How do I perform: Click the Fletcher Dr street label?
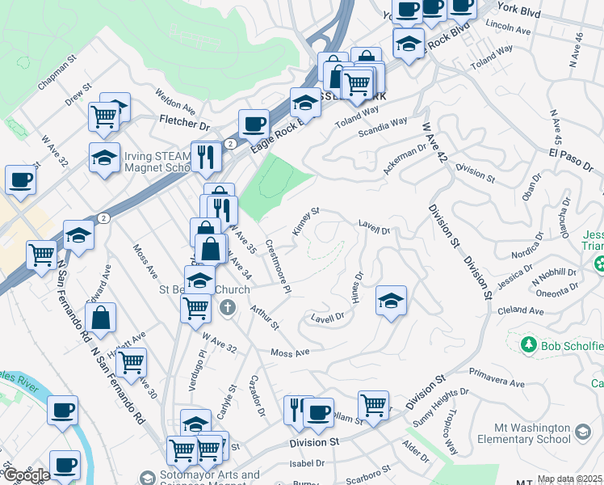tap(184, 124)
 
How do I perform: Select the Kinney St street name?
tap(306, 221)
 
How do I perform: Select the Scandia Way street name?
tap(383, 127)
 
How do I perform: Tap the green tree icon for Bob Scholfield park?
tap(529, 346)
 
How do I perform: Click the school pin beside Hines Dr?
tap(391, 302)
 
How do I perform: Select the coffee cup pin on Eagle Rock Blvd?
tap(254, 124)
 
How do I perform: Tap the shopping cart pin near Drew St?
tap(103, 116)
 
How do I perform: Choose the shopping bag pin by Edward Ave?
tap(102, 318)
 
